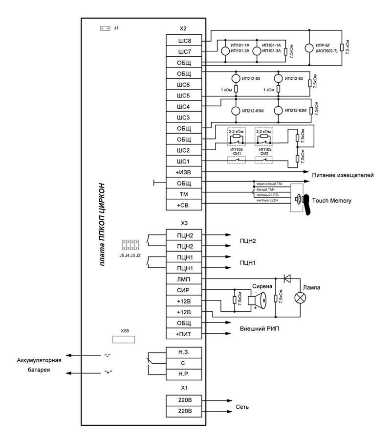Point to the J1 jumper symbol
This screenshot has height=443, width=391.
pyautogui.click(x=105, y=28)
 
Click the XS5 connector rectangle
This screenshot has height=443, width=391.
pyautogui.click(x=124, y=339)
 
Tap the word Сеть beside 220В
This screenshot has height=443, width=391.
pyautogui.click(x=243, y=407)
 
